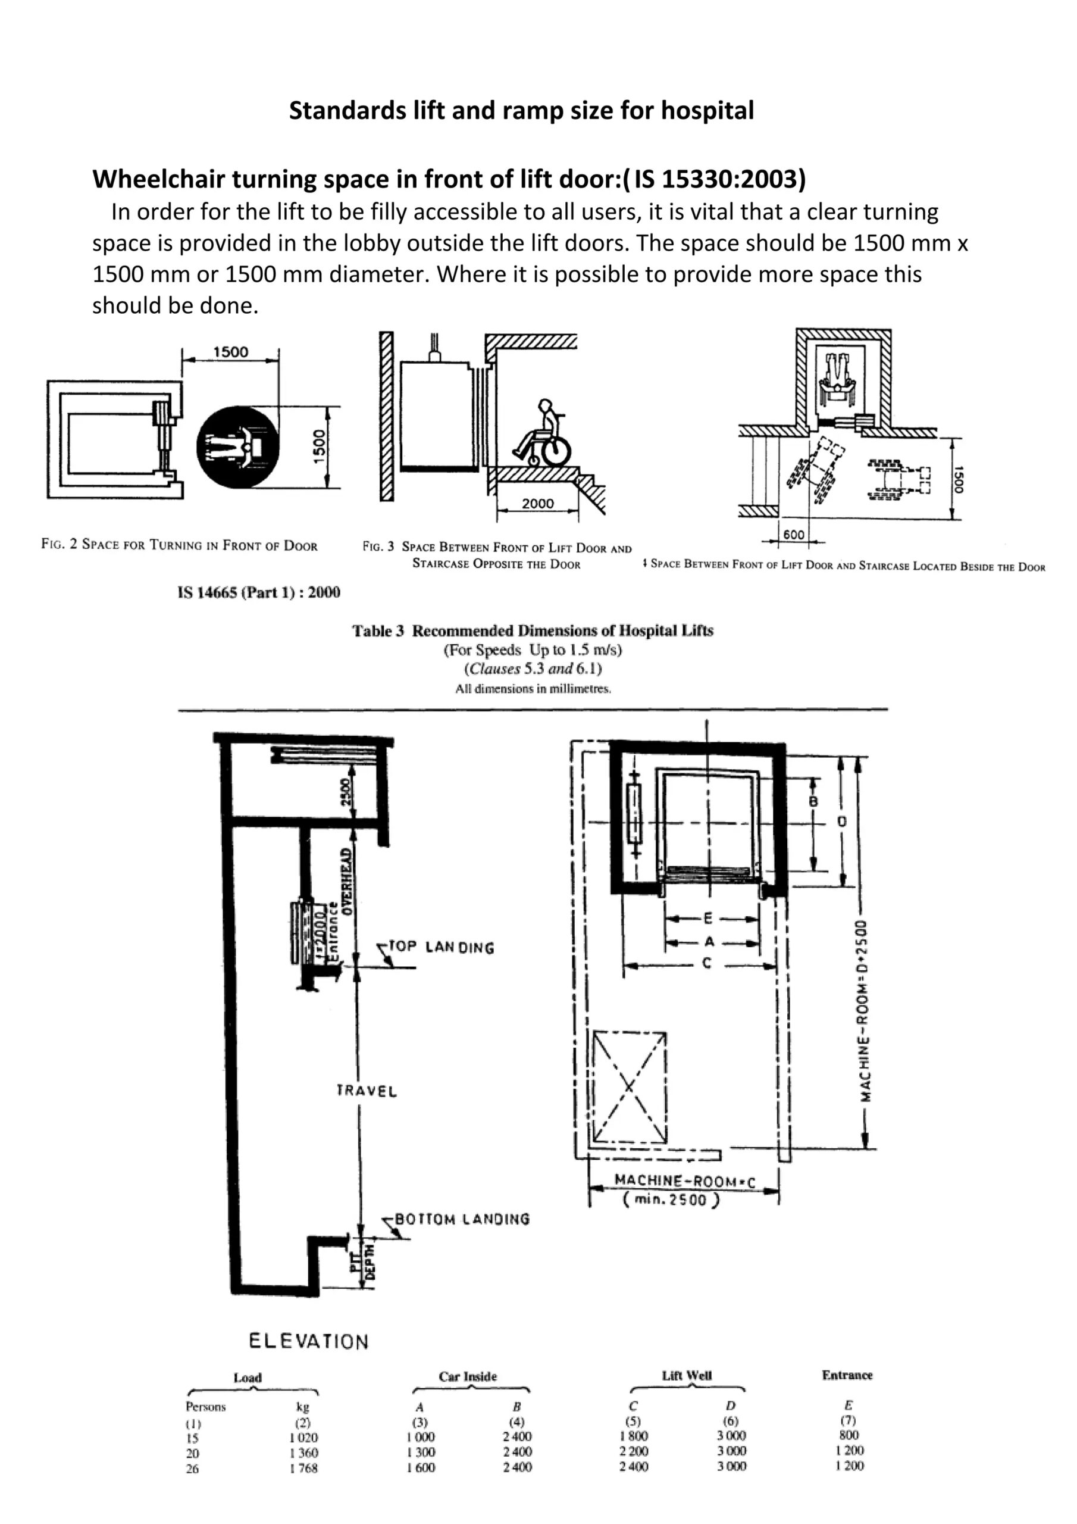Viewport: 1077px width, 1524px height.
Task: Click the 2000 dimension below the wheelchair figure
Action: pos(537,503)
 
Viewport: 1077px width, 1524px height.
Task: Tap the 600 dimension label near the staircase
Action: pos(794,535)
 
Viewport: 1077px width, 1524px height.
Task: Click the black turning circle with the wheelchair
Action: pos(237,446)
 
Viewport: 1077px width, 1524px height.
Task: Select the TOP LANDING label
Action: pos(442,947)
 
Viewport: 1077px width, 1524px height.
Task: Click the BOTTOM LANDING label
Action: pos(462,1219)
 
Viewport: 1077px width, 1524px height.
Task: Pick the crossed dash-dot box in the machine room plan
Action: pos(629,1086)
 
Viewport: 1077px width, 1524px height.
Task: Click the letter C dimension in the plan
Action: pos(707,963)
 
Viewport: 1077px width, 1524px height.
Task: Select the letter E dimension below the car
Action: pos(707,919)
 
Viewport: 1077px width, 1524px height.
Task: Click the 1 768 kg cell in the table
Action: pos(303,1468)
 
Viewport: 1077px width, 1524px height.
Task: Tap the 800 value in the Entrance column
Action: pos(848,1435)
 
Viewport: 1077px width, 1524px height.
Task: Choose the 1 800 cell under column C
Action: pos(634,1436)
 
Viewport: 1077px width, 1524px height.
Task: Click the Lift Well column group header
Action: pos(686,1375)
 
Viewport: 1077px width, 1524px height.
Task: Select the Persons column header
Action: pos(206,1407)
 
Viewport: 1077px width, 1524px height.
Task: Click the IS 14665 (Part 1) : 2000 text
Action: pos(259,592)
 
